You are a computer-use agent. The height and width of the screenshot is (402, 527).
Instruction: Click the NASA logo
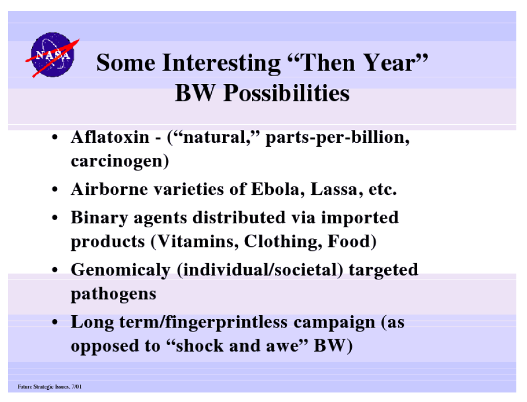pos(53,55)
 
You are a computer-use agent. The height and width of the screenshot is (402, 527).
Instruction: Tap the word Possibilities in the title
pos(286,93)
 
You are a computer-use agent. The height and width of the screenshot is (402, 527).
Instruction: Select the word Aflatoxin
pos(110,137)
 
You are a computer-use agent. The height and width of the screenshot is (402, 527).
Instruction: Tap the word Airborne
pos(109,189)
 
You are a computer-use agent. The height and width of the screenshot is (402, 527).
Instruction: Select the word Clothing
pos(281,242)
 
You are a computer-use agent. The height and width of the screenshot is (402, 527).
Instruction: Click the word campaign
pos(334,322)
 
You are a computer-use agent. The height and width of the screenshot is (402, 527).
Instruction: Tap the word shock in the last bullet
pos(199,346)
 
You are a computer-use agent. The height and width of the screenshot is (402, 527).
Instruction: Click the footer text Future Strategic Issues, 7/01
pos(49,386)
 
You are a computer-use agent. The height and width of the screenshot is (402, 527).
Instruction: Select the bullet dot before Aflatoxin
pos(55,138)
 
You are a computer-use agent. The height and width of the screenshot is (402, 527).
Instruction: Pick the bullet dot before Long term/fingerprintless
pos(55,322)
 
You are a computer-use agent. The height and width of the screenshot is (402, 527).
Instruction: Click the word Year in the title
pos(390,63)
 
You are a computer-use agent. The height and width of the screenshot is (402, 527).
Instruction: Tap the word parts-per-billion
pos(337,138)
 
